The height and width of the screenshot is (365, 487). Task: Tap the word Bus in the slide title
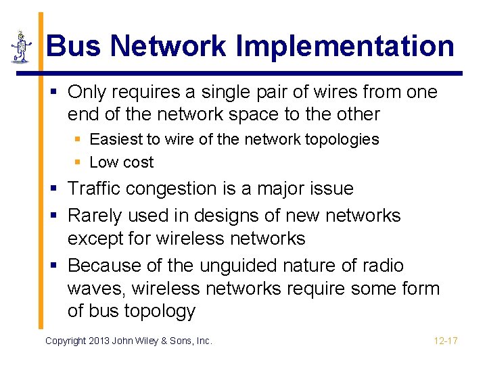click(x=74, y=47)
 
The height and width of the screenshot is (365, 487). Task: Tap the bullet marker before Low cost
click(x=78, y=162)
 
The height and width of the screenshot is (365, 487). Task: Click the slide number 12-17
click(x=446, y=341)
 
